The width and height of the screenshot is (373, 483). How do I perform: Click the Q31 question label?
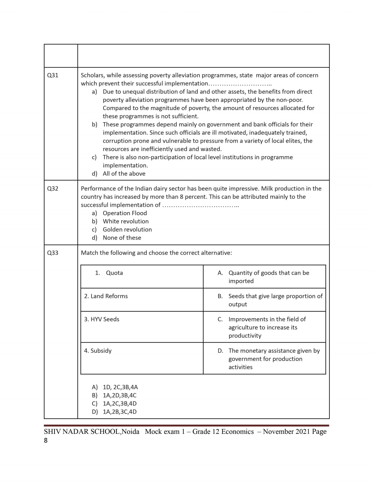[53, 75]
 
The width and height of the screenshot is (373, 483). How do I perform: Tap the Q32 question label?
[53, 188]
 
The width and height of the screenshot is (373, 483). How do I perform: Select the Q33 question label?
[53, 253]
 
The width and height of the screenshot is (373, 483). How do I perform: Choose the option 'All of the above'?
[124, 174]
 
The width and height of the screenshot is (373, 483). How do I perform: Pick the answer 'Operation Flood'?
[125, 213]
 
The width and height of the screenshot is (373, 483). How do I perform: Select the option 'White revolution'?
[126, 221]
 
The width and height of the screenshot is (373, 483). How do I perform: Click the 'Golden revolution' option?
[127, 230]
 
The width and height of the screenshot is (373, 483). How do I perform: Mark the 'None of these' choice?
[122, 238]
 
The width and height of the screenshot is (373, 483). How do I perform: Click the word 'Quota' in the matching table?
[114, 273]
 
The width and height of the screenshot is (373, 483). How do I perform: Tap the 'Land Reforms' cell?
[106, 296]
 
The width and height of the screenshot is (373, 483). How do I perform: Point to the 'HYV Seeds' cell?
[102, 319]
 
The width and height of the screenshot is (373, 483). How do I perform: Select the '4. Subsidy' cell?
[98, 351]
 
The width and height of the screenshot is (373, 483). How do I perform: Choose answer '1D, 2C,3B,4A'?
[120, 387]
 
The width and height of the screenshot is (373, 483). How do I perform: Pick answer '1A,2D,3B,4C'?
[119, 395]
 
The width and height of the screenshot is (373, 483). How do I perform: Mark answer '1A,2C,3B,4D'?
[119, 403]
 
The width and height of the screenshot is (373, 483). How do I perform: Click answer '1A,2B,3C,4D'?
[119, 412]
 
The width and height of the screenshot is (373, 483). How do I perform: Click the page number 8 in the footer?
[46, 440]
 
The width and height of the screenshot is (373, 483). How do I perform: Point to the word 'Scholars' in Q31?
[92, 75]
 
